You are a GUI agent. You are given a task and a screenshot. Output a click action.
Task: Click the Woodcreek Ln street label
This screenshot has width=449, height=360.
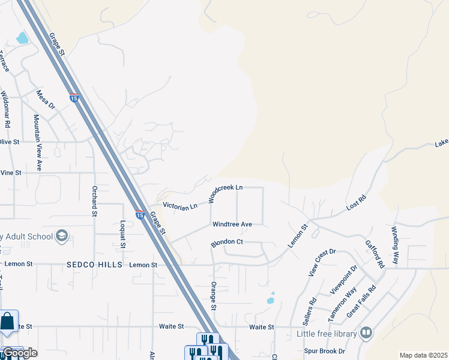click(225, 192)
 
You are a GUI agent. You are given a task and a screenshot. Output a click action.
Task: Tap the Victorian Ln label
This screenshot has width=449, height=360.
click(180, 206)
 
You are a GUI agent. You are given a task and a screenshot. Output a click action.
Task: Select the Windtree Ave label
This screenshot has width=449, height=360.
click(232, 224)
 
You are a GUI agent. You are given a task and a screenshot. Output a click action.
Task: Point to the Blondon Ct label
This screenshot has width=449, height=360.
click(226, 243)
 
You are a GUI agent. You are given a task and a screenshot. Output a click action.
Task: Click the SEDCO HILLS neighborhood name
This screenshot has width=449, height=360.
click(95, 265)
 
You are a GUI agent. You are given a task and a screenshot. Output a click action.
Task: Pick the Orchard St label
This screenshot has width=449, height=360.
click(94, 200)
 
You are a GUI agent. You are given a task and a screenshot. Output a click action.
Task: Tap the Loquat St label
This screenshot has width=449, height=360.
click(122, 233)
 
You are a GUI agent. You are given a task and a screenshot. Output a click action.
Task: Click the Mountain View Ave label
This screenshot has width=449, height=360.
click(37, 142)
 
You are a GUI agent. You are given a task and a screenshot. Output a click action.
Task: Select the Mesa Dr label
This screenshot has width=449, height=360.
click(46, 100)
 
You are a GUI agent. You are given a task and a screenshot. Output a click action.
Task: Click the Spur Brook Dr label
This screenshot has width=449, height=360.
click(325, 351)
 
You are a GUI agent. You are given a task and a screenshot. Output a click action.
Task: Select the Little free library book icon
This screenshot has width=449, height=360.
click(366, 333)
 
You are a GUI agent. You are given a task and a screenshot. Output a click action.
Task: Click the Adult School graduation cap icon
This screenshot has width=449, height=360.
click(61, 236)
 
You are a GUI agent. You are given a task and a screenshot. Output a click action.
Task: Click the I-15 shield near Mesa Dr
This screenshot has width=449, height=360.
click(74, 98)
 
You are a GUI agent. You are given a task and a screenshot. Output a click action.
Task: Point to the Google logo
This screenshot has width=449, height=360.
click(19, 353)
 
